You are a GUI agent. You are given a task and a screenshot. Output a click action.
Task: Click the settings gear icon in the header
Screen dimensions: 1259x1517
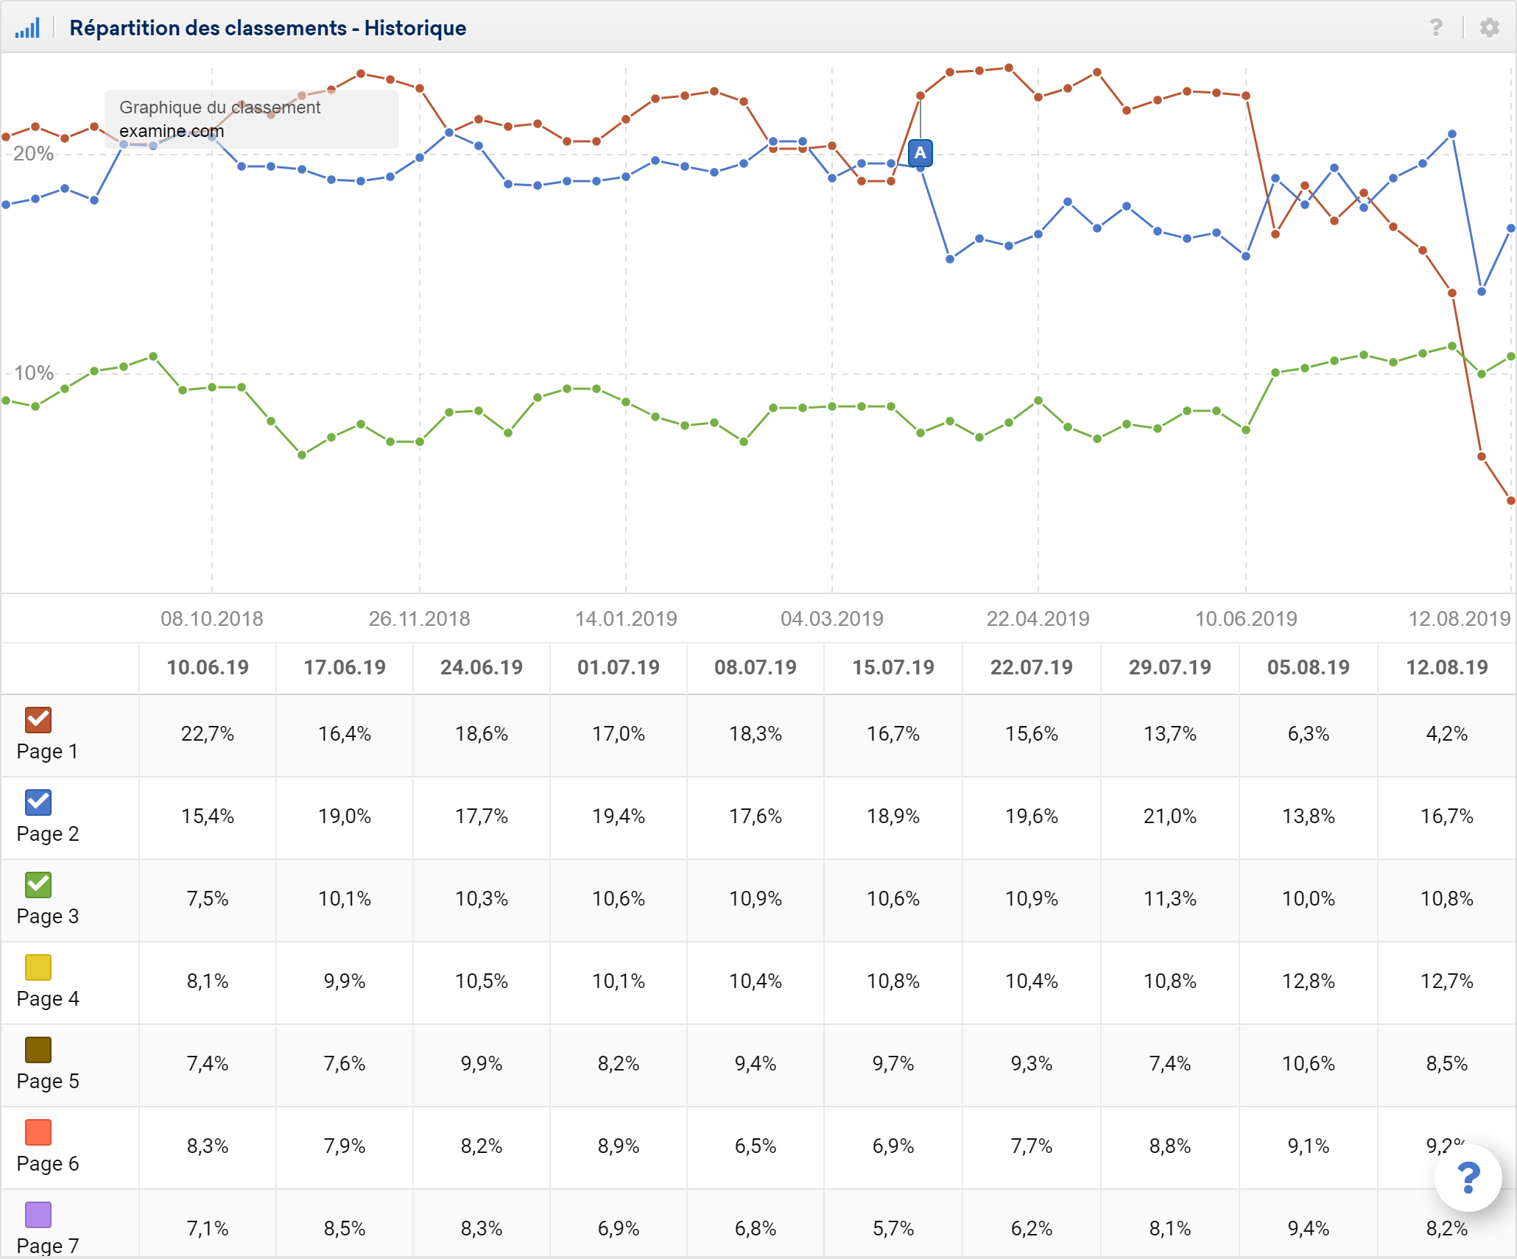tap(1489, 28)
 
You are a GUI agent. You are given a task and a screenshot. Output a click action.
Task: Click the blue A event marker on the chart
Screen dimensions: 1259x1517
tap(920, 153)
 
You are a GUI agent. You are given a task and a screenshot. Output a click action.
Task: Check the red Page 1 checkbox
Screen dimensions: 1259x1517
tap(38, 719)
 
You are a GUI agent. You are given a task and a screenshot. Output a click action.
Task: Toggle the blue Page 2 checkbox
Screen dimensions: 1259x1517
tap(38, 802)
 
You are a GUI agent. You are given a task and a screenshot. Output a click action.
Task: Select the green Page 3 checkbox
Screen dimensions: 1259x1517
tap(38, 884)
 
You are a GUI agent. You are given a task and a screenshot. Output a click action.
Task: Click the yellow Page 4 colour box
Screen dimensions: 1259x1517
tap(38, 967)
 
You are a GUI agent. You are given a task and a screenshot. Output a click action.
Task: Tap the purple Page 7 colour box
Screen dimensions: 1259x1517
tap(38, 1214)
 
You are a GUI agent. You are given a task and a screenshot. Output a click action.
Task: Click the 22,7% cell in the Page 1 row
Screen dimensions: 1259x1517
tap(208, 734)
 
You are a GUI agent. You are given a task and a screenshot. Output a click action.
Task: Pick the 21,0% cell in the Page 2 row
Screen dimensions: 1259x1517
tap(1169, 817)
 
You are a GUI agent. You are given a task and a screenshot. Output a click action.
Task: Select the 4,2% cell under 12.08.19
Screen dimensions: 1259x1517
tap(1446, 734)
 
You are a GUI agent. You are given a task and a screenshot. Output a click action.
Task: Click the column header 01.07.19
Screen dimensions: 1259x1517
tap(619, 668)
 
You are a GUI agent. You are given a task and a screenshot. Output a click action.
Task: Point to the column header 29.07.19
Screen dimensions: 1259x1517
tap(1169, 668)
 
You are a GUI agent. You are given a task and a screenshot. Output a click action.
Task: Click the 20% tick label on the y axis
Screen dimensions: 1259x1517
tap(33, 154)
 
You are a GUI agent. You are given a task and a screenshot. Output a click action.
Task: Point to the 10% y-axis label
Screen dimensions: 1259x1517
tap(33, 373)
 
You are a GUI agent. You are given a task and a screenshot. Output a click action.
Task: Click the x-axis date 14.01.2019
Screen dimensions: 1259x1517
tap(626, 618)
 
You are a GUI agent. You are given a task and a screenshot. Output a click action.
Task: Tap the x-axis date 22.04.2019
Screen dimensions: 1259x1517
tap(1038, 618)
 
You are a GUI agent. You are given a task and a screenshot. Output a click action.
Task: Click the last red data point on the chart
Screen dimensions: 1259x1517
tap(1510, 501)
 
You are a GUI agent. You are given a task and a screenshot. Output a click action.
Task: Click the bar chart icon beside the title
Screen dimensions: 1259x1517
tap(27, 29)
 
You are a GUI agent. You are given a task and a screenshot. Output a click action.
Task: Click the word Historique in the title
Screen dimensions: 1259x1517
tap(415, 29)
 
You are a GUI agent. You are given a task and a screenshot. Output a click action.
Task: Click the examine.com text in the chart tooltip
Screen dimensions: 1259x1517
tap(172, 131)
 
